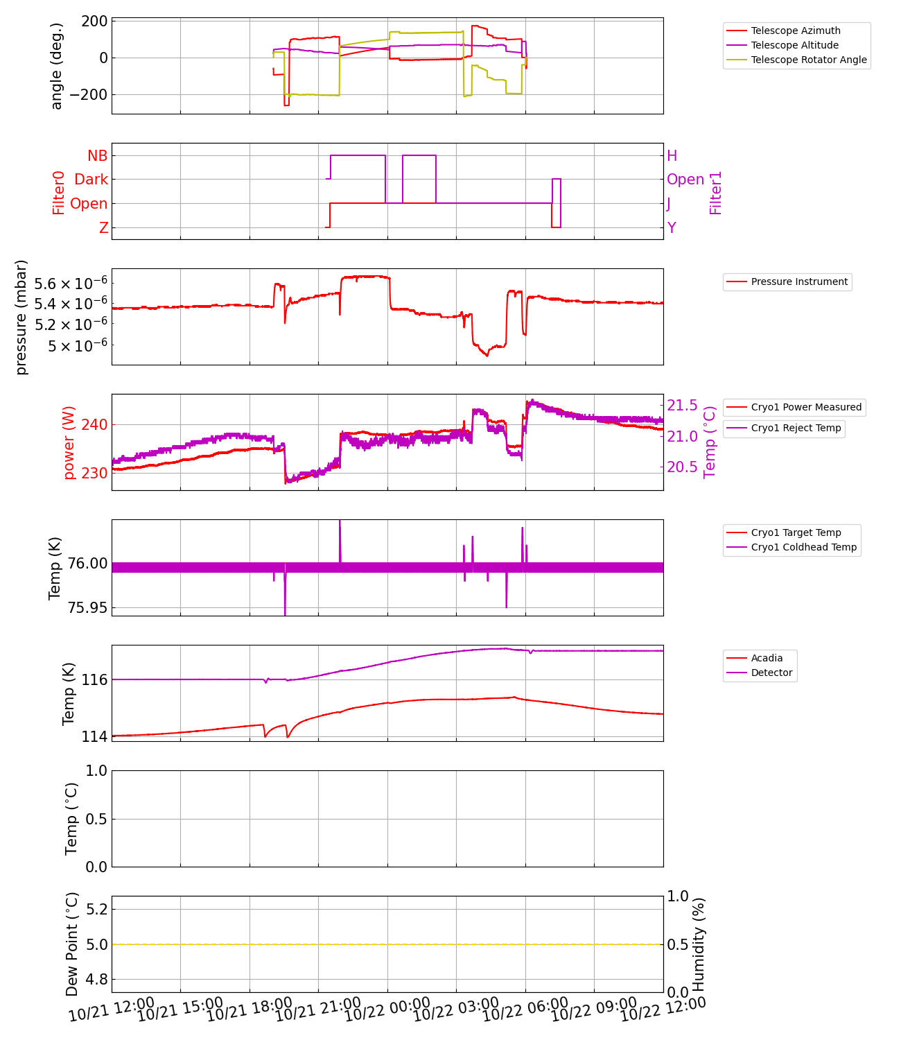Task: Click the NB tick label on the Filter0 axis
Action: pos(97,155)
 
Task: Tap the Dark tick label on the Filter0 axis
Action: pos(91,180)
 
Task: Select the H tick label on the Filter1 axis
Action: pos(672,155)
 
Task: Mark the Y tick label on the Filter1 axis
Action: pos(672,227)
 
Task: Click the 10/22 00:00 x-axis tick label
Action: pos(387,1010)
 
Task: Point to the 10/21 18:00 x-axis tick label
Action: pos(250,1010)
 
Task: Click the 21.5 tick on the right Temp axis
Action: pos(682,405)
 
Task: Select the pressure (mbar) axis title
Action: pos(21,317)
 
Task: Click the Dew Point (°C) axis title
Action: pos(72,944)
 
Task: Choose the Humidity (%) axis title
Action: pos(699,944)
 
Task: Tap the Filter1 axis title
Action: pos(716,192)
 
